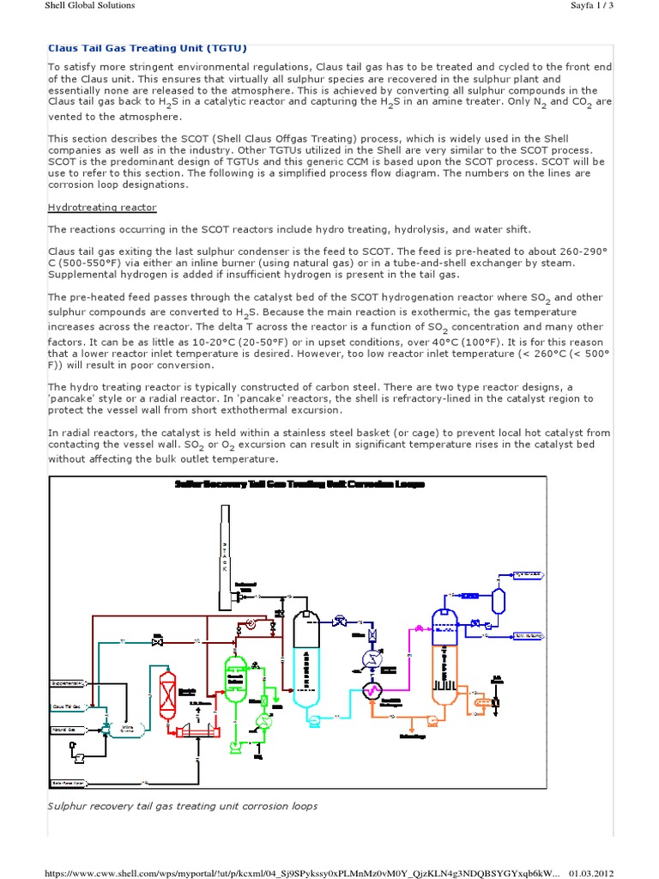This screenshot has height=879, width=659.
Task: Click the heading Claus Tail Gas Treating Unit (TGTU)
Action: click(x=146, y=48)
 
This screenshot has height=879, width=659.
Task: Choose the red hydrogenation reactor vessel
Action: click(x=168, y=687)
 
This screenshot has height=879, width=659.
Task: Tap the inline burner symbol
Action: click(x=107, y=728)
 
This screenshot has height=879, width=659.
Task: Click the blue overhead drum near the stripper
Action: click(x=499, y=595)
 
